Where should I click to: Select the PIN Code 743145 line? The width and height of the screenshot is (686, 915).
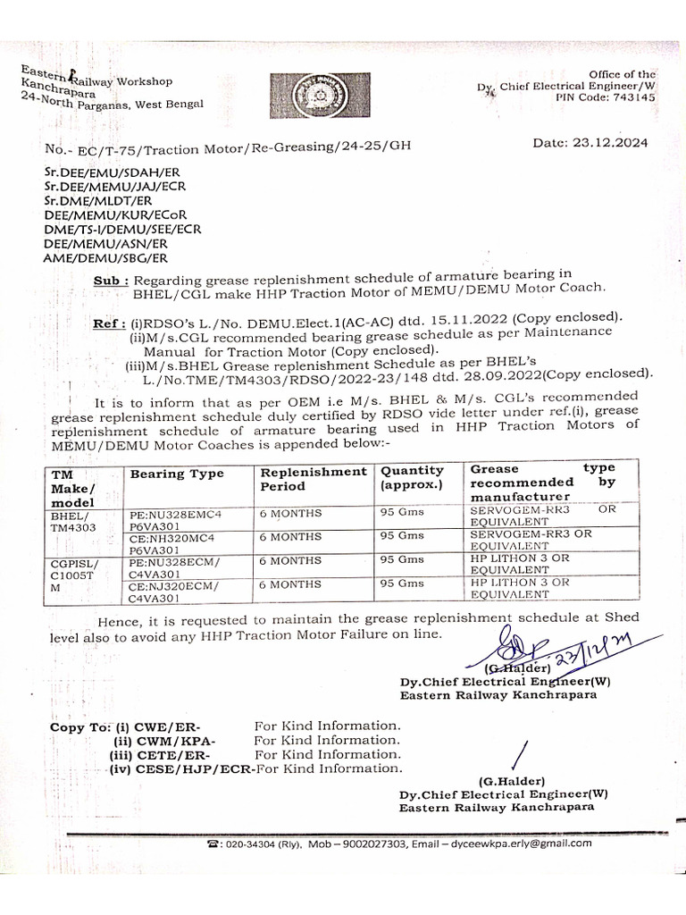[x=605, y=97]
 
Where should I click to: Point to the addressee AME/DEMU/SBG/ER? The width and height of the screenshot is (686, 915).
[x=105, y=258]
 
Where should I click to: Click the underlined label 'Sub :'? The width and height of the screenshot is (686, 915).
[x=111, y=281]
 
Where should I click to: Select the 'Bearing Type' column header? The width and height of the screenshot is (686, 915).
[x=177, y=474]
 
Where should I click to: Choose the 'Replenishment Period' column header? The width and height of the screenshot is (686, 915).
[x=313, y=479]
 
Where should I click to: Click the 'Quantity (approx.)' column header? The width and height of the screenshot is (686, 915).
[x=413, y=478]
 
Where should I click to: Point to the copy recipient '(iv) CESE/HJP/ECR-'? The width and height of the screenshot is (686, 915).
[x=181, y=768]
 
